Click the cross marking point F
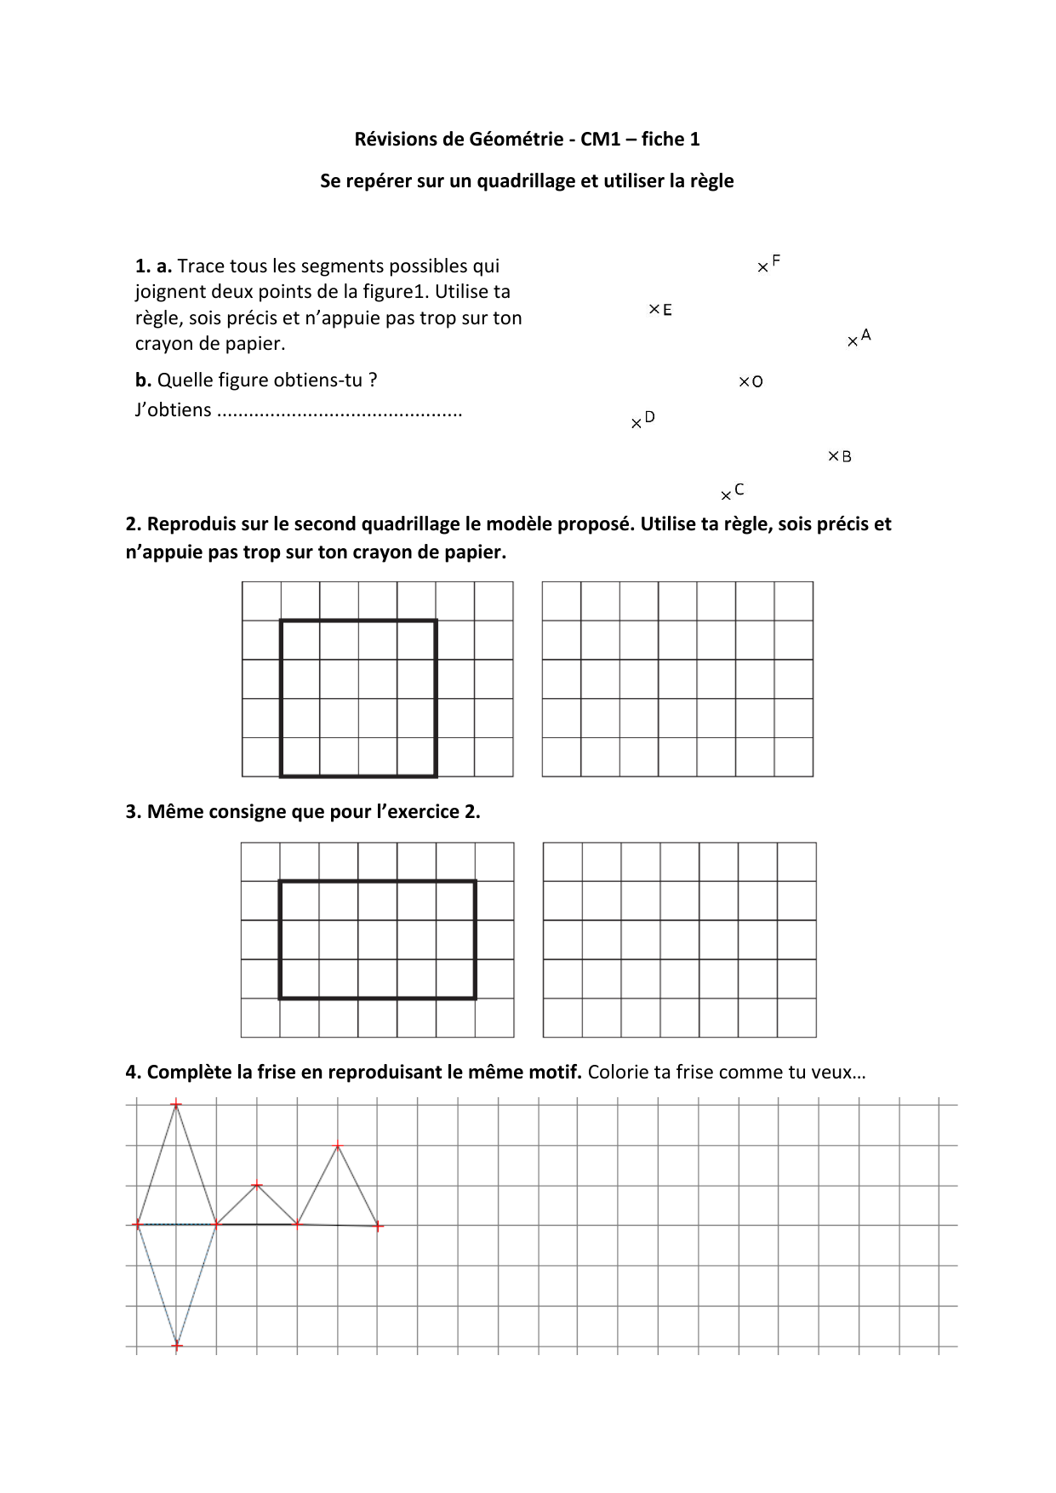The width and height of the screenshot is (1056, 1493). click(762, 268)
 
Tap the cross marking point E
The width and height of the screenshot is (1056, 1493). click(654, 309)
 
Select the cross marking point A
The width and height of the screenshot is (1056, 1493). click(853, 342)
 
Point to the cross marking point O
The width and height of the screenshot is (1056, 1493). click(744, 381)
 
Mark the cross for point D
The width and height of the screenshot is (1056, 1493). click(636, 424)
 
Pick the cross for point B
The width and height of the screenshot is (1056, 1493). click(834, 456)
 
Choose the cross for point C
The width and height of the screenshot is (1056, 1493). click(726, 496)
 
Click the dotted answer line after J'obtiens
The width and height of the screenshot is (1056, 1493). click(340, 412)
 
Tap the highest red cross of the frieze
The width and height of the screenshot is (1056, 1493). click(176, 1105)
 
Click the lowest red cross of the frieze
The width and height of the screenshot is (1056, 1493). click(177, 1346)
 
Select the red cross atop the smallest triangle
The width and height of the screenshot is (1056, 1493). click(257, 1185)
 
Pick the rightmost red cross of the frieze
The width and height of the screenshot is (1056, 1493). click(379, 1226)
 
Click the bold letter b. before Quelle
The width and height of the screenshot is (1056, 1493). click(143, 380)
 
